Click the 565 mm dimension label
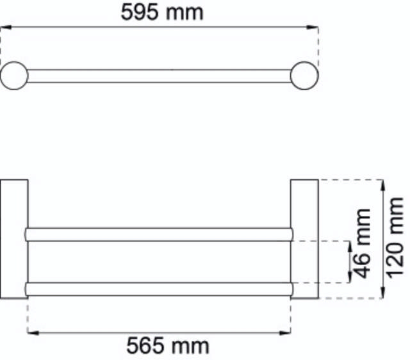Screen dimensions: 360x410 pos(167,346)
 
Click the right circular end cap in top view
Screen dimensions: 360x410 pos(304,76)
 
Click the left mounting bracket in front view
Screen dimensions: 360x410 pos(13,237)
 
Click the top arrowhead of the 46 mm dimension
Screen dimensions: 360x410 pos(348,245)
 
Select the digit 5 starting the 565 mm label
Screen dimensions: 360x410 pos(133,346)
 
